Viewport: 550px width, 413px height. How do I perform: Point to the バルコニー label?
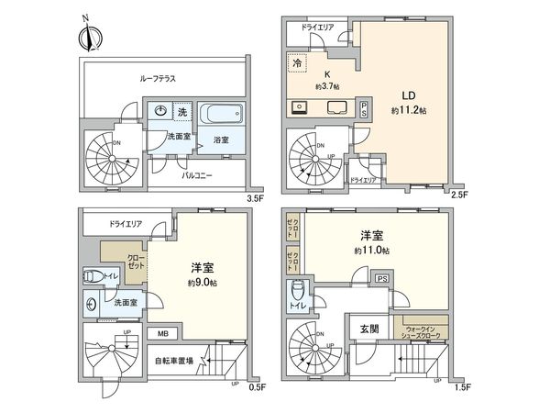click(x=198, y=173)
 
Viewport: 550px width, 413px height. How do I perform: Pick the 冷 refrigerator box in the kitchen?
click(x=297, y=63)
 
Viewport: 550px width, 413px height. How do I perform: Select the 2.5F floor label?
click(x=459, y=196)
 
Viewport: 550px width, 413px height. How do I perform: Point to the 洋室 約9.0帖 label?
click(x=202, y=273)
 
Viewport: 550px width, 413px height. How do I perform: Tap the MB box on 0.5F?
click(x=162, y=333)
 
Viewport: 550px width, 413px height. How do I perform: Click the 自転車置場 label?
click(x=174, y=361)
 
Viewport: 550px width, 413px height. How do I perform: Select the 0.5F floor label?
click(x=258, y=386)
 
